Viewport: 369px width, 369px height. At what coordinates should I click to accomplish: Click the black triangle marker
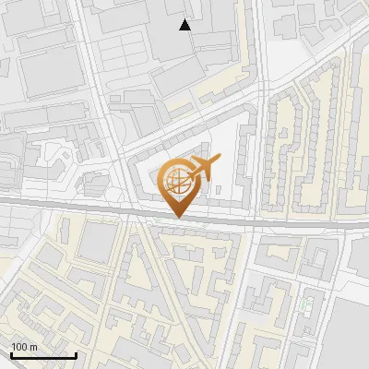[x=185, y=25]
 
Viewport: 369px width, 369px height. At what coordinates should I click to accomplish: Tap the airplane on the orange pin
[x=204, y=168]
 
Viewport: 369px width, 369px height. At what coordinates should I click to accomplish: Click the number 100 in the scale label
[x=19, y=346]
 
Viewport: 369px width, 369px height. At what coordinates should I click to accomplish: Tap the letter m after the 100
[x=33, y=346]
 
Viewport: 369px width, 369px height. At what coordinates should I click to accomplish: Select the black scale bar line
[x=42, y=355]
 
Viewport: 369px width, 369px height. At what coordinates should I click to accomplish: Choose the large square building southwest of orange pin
[x=96, y=242]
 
